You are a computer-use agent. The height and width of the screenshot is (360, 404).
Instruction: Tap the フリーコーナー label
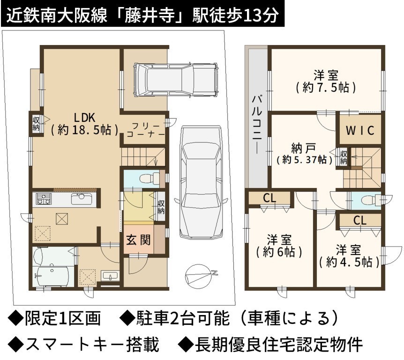pos(146,130)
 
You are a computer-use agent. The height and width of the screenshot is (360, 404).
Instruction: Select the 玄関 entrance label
pos(138,240)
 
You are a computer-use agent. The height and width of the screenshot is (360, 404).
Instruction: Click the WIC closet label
pos(360,130)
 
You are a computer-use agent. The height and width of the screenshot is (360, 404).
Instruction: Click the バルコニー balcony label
pos(257,125)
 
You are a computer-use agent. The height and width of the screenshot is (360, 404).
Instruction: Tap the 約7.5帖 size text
pos(326,88)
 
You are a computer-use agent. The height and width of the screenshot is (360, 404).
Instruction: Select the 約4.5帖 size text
pos(349,262)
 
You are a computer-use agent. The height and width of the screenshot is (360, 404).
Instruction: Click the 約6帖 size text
pos(279,252)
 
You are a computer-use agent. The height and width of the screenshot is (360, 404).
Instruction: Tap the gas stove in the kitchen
pos(44,199)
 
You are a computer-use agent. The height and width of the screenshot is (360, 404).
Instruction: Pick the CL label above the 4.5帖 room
pos(359,221)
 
